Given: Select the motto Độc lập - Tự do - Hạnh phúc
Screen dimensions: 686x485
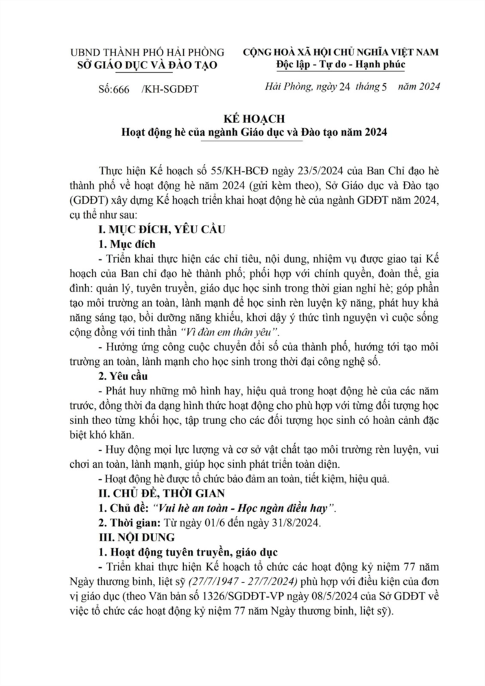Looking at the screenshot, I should point(340,64).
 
